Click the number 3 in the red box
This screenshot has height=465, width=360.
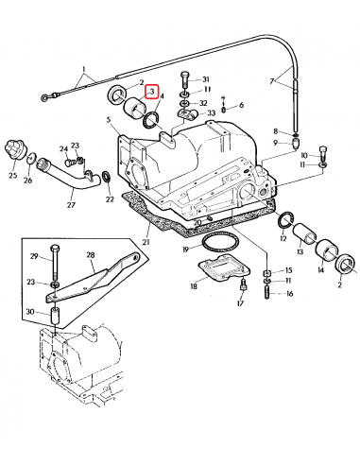[x=152, y=90]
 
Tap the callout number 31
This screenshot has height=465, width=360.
[x=207, y=78]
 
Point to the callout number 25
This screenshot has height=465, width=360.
[x=13, y=177]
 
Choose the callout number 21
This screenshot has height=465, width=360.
[x=146, y=243]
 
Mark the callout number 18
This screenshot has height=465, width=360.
[x=194, y=284]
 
